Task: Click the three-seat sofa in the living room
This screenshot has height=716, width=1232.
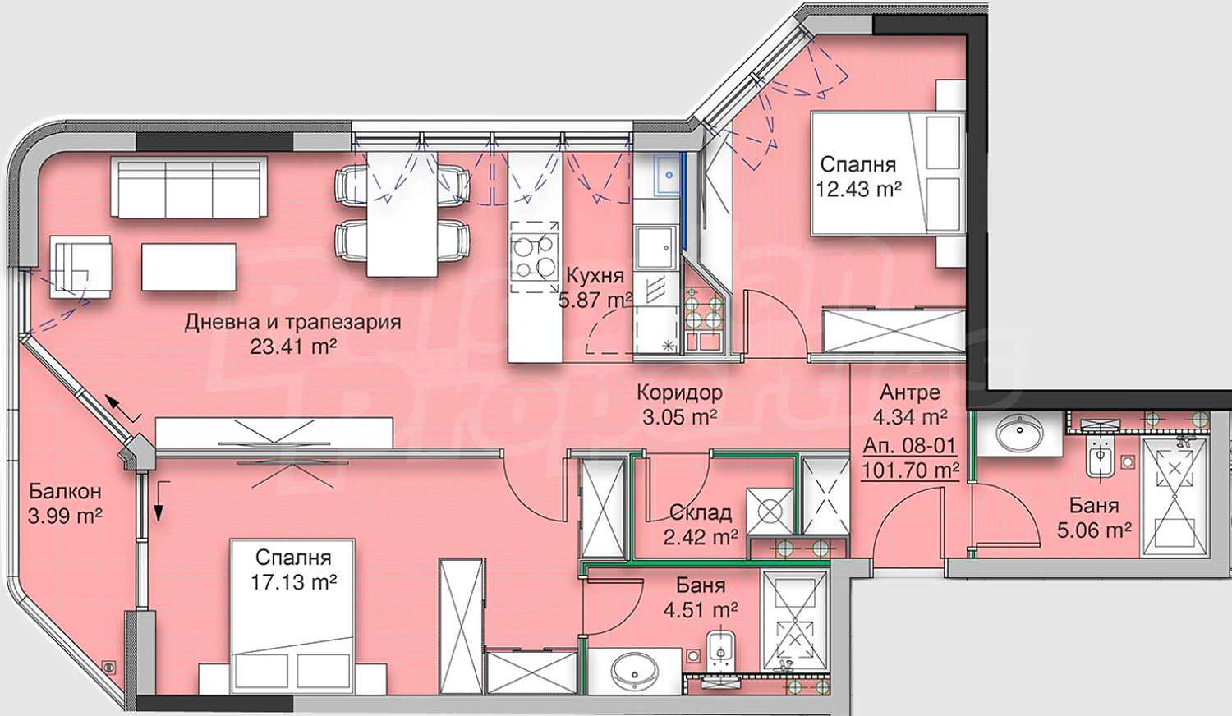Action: [x=189, y=186]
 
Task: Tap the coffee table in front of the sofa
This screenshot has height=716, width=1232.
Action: [x=189, y=267]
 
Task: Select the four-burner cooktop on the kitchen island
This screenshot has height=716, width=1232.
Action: [x=534, y=256]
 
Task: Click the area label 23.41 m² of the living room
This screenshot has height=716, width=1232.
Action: [x=293, y=347]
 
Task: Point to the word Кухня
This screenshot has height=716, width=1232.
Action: [x=595, y=275]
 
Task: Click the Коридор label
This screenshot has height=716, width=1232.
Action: [x=679, y=392]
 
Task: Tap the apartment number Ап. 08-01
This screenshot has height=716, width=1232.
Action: [x=910, y=445]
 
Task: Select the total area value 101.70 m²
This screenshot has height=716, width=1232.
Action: [x=910, y=470]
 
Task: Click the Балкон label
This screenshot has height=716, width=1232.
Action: [x=65, y=490]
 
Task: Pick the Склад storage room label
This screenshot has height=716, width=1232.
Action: [x=701, y=513]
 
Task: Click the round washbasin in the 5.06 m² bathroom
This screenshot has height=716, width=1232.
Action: [x=1020, y=432]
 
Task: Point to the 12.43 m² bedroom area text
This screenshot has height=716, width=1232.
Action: [x=858, y=190]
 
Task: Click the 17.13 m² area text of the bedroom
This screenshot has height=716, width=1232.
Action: [x=293, y=582]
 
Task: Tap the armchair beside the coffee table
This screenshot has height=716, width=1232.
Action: [x=80, y=267]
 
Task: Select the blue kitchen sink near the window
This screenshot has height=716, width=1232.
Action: [x=667, y=175]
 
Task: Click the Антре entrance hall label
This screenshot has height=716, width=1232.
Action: [x=910, y=392]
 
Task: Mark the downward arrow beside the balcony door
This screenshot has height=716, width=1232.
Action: [x=159, y=502]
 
